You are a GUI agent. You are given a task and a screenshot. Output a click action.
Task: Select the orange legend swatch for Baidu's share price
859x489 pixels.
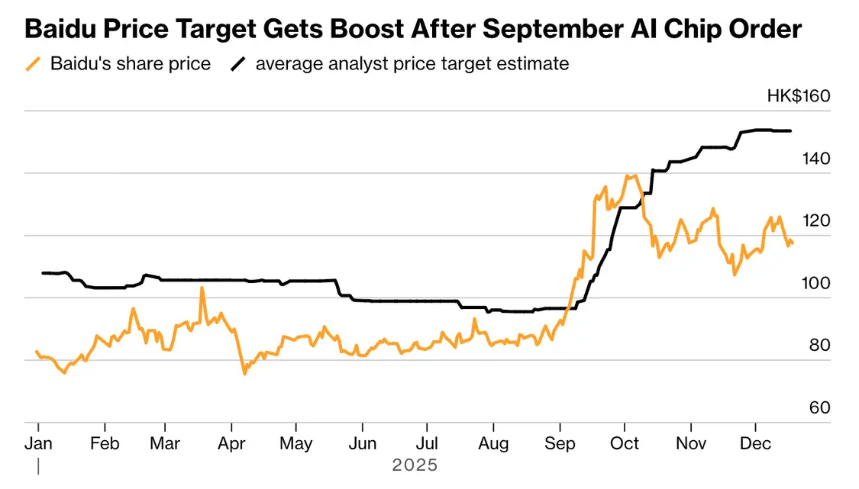pos(33,63)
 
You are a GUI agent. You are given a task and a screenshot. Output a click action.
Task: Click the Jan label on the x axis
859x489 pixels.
pos(38,444)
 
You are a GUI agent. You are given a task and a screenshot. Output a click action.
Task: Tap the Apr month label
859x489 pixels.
pos(231,444)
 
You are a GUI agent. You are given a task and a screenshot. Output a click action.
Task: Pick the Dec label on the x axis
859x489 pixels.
pos(755,444)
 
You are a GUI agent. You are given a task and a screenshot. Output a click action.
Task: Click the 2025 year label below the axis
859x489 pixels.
pos(415,465)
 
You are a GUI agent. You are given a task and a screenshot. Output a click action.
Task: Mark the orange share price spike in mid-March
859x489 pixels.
pos(202,288)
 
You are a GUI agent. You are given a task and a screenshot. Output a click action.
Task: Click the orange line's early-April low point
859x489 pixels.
pos(244,374)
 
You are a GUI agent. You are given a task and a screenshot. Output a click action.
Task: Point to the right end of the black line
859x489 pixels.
pos(790,130)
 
